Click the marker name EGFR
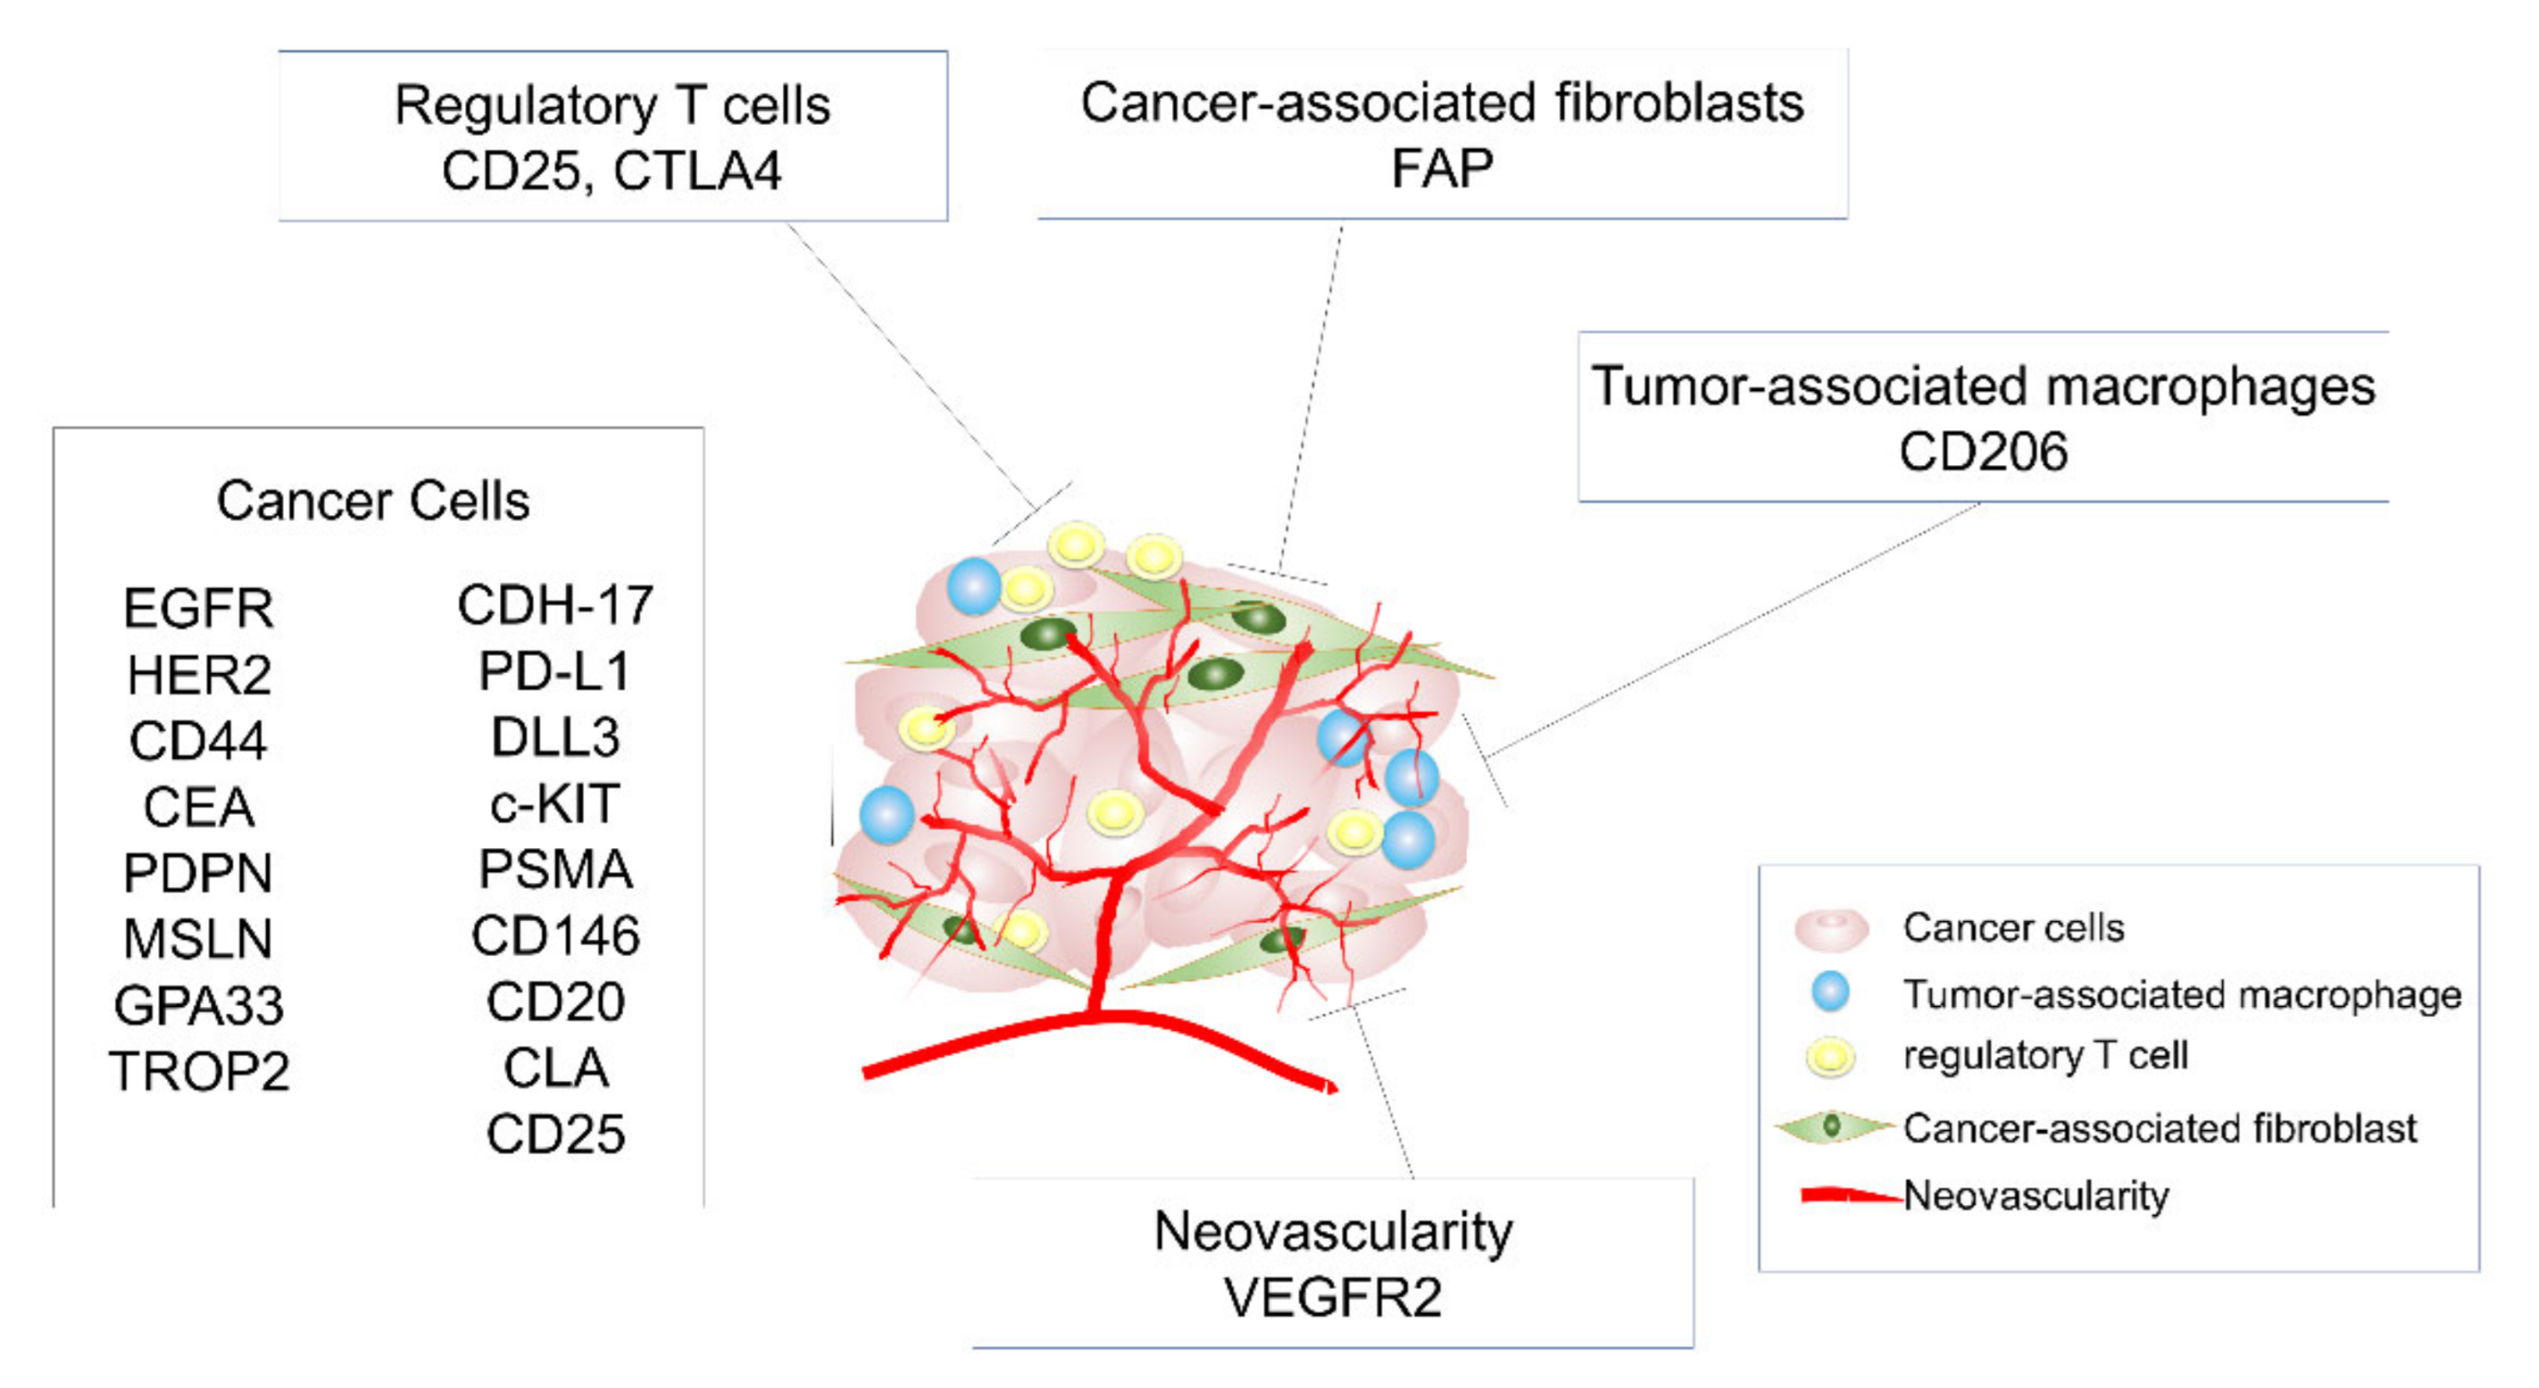pyautogui.click(x=198, y=608)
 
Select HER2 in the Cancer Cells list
pyautogui.click(x=198, y=675)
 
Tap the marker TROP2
pyautogui.click(x=198, y=1072)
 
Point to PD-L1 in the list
pyautogui.click(x=554, y=672)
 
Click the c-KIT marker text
pyautogui.click(x=554, y=805)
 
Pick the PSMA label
pyautogui.click(x=554, y=870)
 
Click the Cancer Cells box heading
pyautogui.click(x=372, y=501)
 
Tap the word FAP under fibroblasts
pyautogui.click(x=1441, y=168)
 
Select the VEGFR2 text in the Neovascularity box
pyautogui.click(x=1333, y=1297)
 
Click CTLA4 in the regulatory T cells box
pyautogui.click(x=697, y=171)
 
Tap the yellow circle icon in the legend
pyautogui.click(x=1829, y=1057)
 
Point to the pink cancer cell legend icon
pyautogui.click(x=1830, y=928)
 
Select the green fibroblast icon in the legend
pyautogui.click(x=1831, y=1125)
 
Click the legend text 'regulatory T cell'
pyautogui.click(x=2045, y=1056)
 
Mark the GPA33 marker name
pyautogui.click(x=198, y=1005)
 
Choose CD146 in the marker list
pyautogui.click(x=554, y=937)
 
